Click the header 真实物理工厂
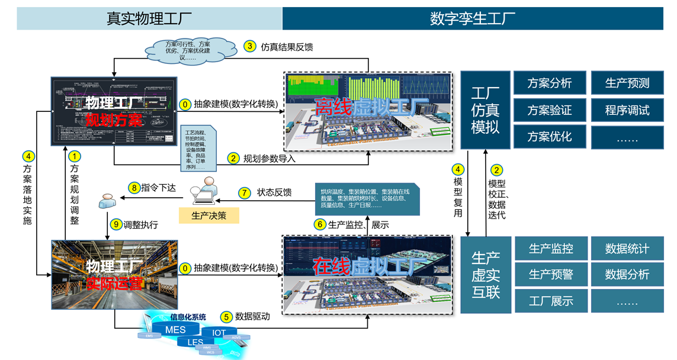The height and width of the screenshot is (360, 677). coord(149,18)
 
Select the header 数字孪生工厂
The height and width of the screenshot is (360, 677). coord(472,18)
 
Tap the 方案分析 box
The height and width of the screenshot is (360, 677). coord(550,83)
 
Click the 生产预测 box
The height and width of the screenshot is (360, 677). coord(627,83)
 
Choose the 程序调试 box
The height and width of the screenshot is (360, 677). coord(627,110)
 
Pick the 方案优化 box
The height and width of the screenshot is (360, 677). coord(550,136)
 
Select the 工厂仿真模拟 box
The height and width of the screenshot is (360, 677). coord(485,110)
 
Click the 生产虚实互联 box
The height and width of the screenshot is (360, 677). coord(486,275)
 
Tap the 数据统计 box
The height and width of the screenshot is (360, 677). coord(627,249)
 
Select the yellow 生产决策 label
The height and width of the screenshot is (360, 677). coord(208,216)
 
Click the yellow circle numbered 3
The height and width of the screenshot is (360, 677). coord(250,46)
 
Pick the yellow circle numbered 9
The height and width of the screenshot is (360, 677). coord(115,224)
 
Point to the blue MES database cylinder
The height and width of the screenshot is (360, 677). coord(175,330)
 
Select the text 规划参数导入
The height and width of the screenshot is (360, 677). coord(269,159)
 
